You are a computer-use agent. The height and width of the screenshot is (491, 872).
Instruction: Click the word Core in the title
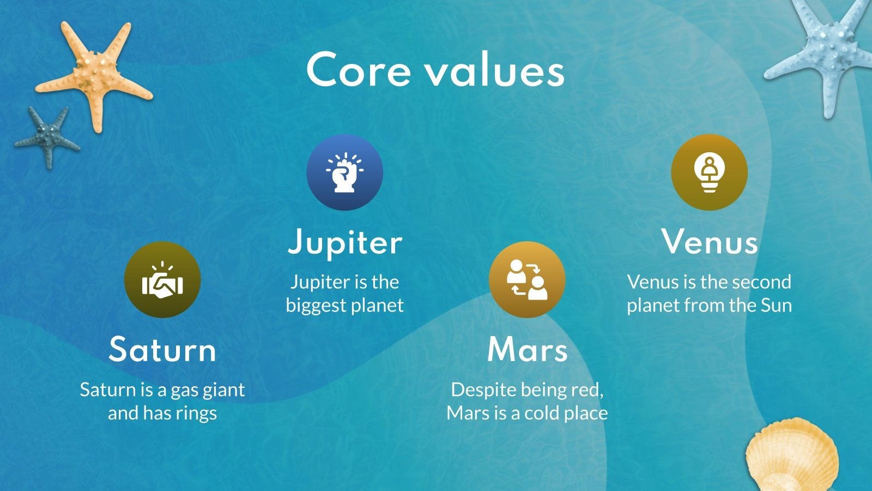pos(359,70)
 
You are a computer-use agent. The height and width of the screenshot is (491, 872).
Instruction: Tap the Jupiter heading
pos(345,242)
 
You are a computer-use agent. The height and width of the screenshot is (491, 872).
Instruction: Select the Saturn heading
pos(162,349)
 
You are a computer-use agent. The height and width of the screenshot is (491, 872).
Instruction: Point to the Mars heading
pos(527,349)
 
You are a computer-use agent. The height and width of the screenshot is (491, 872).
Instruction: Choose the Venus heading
pos(709,241)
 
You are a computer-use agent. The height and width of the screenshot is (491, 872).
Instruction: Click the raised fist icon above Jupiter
pos(345,172)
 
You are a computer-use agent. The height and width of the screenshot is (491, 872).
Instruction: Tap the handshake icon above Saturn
pos(162,280)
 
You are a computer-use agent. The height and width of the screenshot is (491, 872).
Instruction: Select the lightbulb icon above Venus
pos(709,172)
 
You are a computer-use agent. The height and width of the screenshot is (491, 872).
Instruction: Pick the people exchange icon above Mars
pos(527,280)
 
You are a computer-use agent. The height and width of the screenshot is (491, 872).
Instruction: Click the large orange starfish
pos(93,74)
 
